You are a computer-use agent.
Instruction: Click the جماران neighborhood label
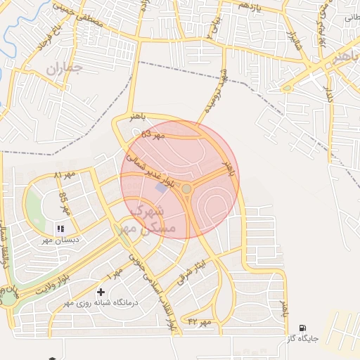(65, 68)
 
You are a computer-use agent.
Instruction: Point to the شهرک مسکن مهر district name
(144, 219)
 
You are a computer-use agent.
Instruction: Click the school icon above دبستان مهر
(60, 229)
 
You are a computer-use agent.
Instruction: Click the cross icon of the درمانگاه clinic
(101, 291)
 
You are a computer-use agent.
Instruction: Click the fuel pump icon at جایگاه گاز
(302, 328)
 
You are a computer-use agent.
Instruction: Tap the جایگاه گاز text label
(302, 339)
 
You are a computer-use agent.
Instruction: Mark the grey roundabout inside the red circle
(186, 188)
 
